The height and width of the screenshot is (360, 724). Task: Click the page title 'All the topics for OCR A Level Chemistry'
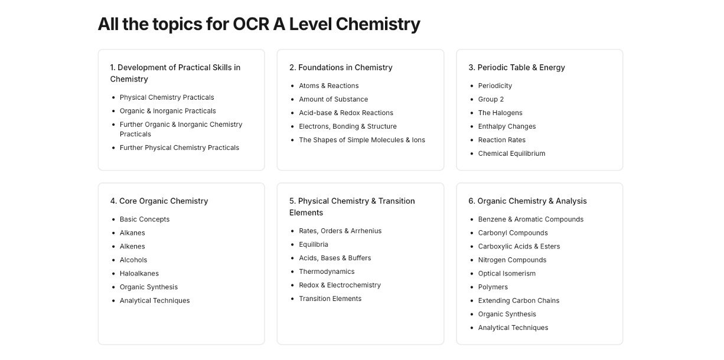coord(259,24)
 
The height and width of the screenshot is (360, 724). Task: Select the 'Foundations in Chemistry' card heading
coord(341,67)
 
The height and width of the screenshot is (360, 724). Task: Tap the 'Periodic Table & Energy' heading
coord(517,67)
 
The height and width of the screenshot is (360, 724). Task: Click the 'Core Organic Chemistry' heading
coord(159,201)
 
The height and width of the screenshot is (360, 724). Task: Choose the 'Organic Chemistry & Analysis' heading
coord(527,201)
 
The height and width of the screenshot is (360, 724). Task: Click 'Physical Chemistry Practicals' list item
coord(167,97)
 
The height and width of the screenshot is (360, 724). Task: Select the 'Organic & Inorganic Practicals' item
coord(168,111)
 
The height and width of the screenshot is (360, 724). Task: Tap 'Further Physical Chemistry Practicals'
coord(179,148)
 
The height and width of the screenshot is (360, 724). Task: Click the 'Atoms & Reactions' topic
coord(328,86)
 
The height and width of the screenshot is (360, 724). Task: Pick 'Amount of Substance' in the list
coord(333,99)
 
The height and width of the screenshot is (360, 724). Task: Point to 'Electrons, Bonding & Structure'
coord(347,126)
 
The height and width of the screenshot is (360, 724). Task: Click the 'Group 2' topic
coord(491,99)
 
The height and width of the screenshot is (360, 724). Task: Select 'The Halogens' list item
coord(500,113)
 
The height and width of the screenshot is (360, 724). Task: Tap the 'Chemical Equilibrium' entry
coord(511,153)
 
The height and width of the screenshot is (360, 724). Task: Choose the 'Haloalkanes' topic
coord(139,273)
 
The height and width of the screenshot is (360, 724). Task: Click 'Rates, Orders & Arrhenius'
coord(340,231)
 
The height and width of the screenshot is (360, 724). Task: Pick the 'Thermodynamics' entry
coord(327,271)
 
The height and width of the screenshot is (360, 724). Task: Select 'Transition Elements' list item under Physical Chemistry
coord(330,299)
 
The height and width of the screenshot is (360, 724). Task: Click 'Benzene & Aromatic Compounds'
coord(530,219)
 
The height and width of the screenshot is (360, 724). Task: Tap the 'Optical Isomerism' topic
coord(507,273)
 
